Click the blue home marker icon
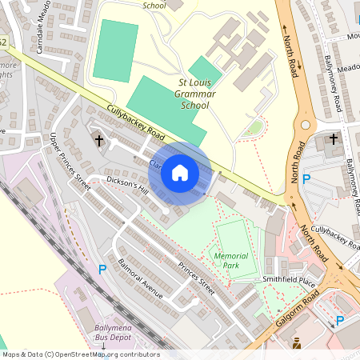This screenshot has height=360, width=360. (180, 173)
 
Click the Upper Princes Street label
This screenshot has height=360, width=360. (70, 159)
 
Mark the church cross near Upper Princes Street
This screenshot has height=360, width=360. (99, 142)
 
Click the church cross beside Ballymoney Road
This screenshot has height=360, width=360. (333, 141)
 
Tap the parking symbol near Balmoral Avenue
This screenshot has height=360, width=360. (102, 270)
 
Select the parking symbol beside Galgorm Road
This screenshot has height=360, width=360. (339, 321)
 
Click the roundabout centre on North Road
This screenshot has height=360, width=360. (305, 124)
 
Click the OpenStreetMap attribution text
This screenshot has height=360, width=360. (80, 354)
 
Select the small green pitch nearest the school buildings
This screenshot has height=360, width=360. (205, 69)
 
